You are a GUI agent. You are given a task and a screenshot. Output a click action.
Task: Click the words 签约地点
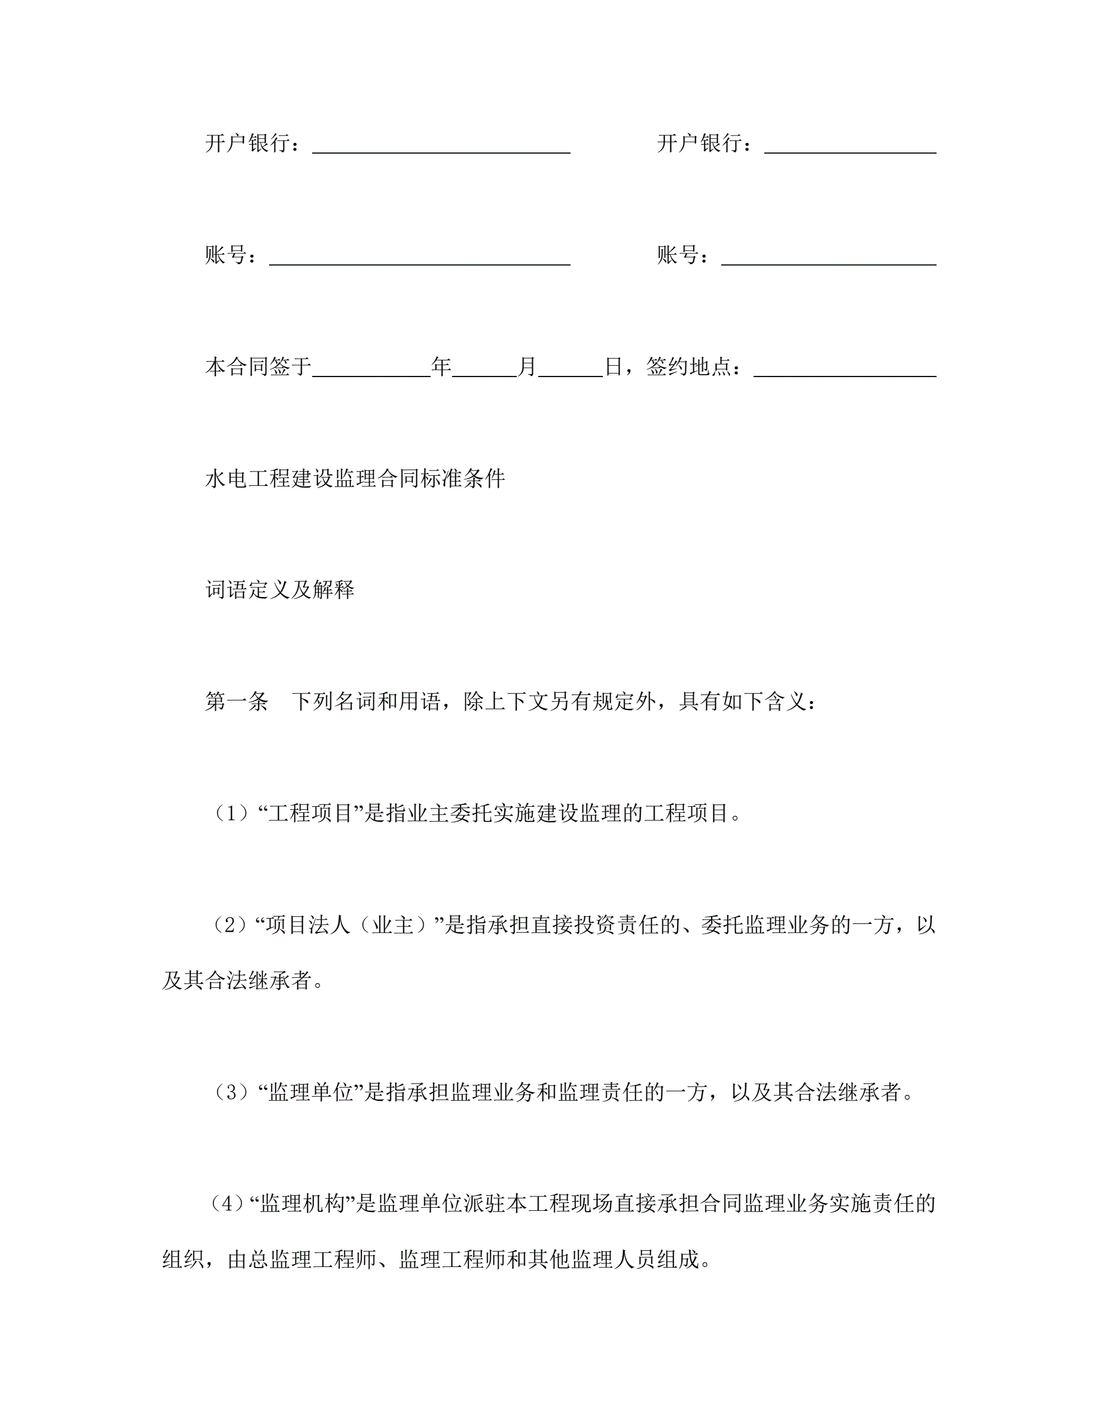click(x=688, y=367)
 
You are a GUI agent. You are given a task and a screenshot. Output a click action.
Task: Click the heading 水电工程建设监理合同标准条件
click(x=355, y=479)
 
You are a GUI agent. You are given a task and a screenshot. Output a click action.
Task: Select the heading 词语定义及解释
click(x=280, y=590)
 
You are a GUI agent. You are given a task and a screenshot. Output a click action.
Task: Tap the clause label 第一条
click(x=237, y=702)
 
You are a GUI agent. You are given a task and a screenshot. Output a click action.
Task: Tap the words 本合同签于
click(x=258, y=367)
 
